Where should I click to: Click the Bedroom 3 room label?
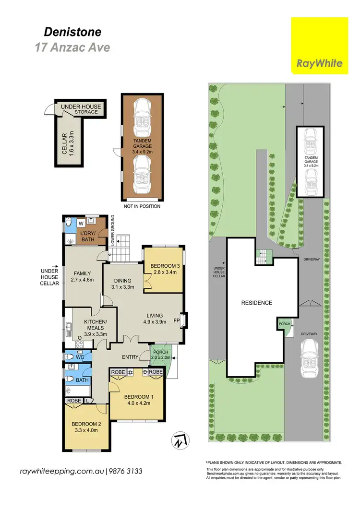point(164,266)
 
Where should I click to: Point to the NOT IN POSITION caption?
point(142,206)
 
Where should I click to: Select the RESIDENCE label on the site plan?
point(257,303)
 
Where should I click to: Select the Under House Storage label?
point(80,109)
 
